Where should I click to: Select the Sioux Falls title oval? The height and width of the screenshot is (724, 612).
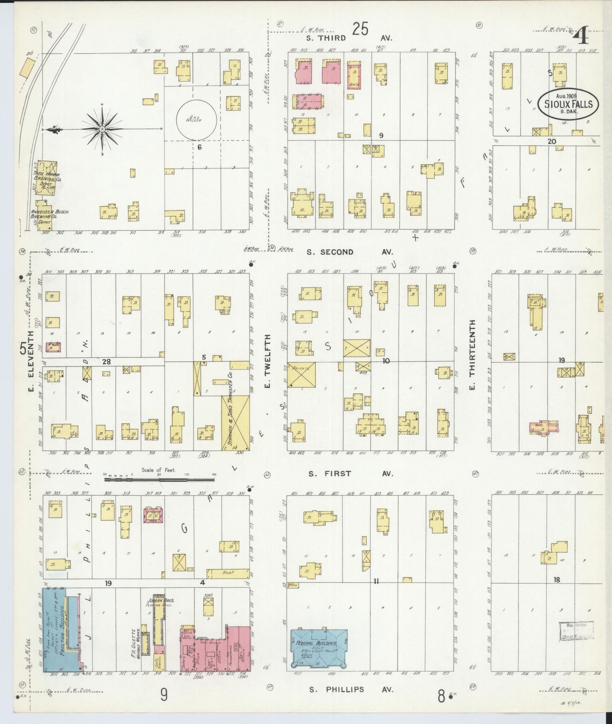coord(568,102)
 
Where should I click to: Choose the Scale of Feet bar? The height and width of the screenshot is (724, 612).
coord(159,479)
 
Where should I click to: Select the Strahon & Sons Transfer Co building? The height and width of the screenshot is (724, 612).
coord(235,423)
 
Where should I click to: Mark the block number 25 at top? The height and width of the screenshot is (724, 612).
coord(360,29)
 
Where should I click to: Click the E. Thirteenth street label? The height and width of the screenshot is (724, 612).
coord(473,354)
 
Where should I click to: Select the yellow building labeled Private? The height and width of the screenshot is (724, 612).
coord(302,374)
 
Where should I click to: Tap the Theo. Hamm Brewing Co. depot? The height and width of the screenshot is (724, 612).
coord(46,178)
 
